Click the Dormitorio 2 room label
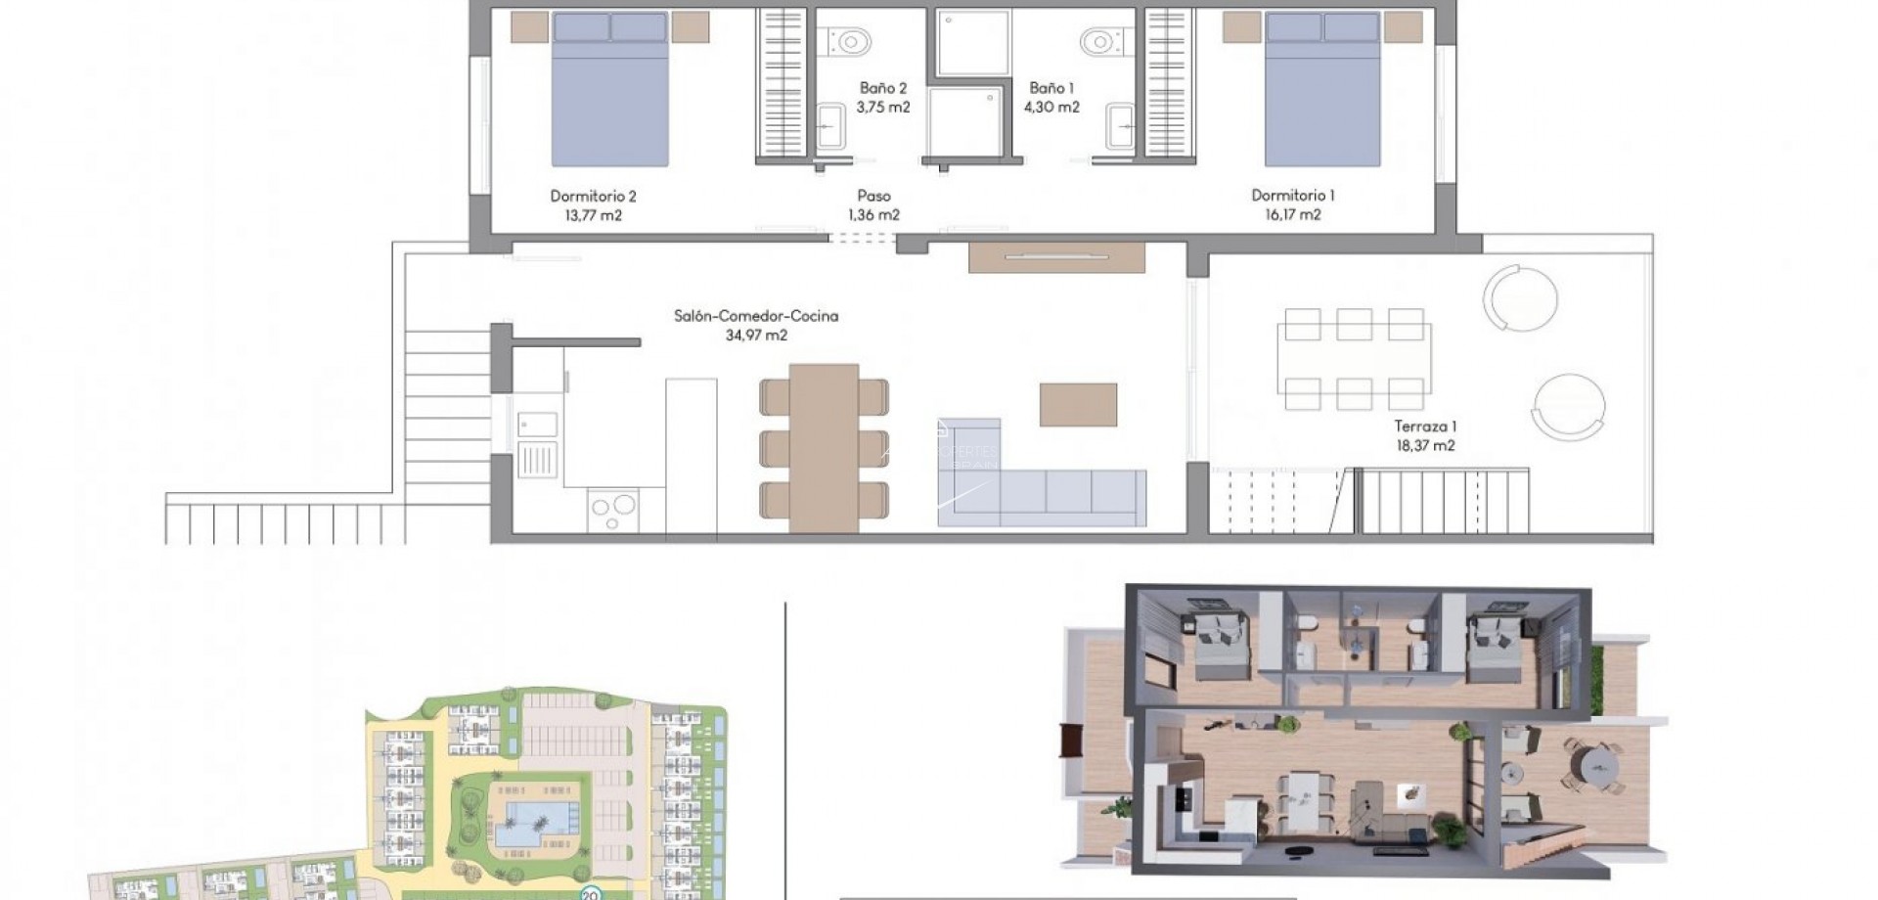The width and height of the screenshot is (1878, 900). [x=593, y=196]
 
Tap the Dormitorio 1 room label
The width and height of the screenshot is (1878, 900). [x=1292, y=195]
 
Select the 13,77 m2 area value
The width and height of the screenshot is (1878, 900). [x=593, y=215]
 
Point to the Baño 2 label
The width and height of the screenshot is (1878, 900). [x=882, y=88]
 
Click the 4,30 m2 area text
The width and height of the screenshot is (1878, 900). [x=1051, y=108]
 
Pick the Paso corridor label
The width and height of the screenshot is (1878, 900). [x=873, y=196]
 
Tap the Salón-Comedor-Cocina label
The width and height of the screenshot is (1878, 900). [x=755, y=316]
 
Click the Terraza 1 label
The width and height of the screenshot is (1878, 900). [x=1425, y=427]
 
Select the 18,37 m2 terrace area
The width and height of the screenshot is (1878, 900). [x=1425, y=446]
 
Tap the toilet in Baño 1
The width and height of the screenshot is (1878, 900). [x=1100, y=42]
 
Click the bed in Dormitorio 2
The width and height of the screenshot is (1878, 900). [x=609, y=93]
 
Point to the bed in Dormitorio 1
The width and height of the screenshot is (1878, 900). [x=1322, y=93]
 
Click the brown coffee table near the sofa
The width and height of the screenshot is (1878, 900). [x=1078, y=405]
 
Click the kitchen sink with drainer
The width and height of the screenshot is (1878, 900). [x=537, y=445]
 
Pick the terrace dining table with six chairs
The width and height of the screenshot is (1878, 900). [x=1355, y=358]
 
